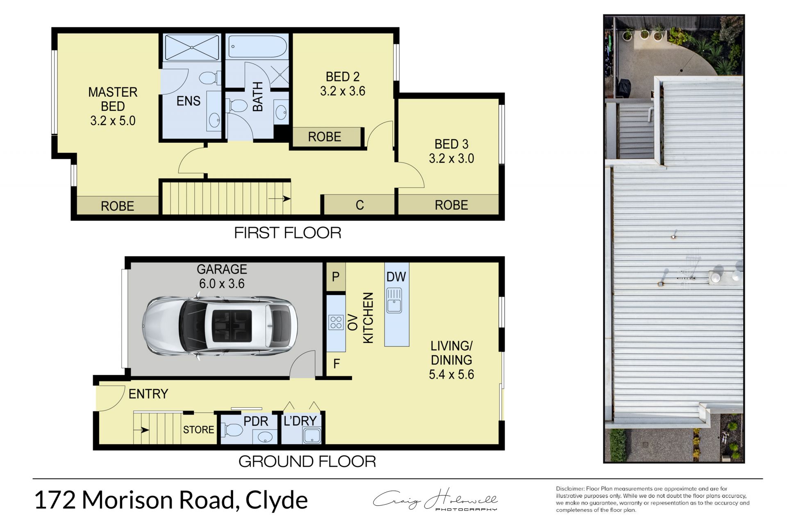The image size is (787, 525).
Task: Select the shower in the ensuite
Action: (x=191, y=48)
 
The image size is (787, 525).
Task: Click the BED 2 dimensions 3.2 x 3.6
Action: (x=342, y=91)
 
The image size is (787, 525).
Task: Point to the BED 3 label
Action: (x=451, y=144)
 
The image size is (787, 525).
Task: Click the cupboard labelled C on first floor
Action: (x=359, y=205)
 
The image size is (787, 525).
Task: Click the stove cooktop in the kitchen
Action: (x=336, y=322)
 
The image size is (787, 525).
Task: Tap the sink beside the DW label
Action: (x=394, y=300)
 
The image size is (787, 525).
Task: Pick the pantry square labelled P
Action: (x=336, y=277)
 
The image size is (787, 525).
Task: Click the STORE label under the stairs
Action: (x=198, y=429)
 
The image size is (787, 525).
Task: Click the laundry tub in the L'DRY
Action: (x=312, y=436)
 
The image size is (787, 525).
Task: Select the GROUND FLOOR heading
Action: (x=307, y=462)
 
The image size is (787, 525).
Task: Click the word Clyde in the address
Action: (x=276, y=500)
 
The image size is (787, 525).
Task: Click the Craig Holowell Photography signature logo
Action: (x=435, y=500)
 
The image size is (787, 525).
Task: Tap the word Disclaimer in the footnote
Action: (x=570, y=488)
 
